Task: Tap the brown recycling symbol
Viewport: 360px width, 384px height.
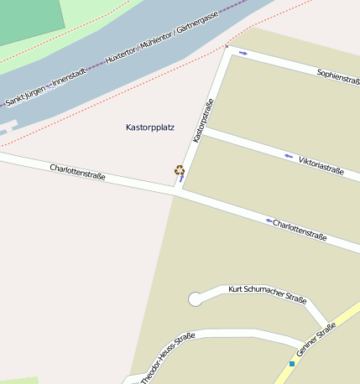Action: pos(179,170)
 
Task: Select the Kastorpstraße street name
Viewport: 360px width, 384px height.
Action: pos(203,120)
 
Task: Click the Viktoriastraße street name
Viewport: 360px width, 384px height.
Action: pos(321,164)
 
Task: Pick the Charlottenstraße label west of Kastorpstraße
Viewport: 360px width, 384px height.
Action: pos(77,173)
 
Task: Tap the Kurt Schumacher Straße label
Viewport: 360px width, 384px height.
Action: pos(268,294)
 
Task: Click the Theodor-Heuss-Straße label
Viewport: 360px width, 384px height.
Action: pos(168,355)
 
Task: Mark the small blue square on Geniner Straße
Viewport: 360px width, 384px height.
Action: pos(292,363)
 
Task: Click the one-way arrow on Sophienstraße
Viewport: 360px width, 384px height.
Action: pos(243,54)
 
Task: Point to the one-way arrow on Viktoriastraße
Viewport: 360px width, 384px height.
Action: pos(289,156)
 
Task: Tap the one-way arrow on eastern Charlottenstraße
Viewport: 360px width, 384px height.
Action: pos(269,221)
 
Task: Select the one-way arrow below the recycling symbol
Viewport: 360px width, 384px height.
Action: pos(181,179)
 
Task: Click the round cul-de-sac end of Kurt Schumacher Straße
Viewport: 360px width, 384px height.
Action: pos(196,298)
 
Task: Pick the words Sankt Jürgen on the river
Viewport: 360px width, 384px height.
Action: pos(24,97)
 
